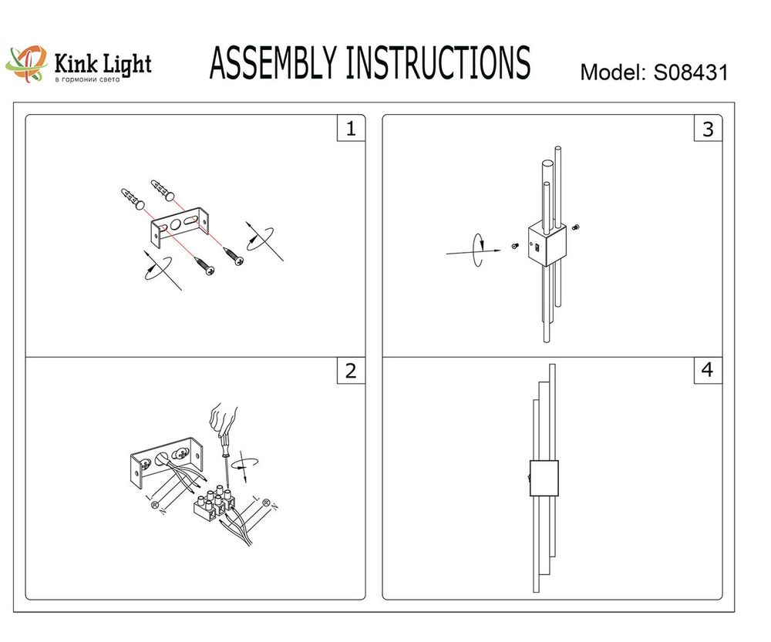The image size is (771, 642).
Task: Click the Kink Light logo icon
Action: [x=26, y=65]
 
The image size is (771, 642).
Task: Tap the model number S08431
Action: [x=691, y=73]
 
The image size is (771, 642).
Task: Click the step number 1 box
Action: [x=351, y=129]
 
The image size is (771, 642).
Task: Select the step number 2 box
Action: [x=351, y=371]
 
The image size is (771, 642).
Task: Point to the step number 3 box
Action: [x=708, y=129]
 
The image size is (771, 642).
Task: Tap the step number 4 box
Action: [x=707, y=371]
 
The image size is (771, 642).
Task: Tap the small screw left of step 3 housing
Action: [x=514, y=245]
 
